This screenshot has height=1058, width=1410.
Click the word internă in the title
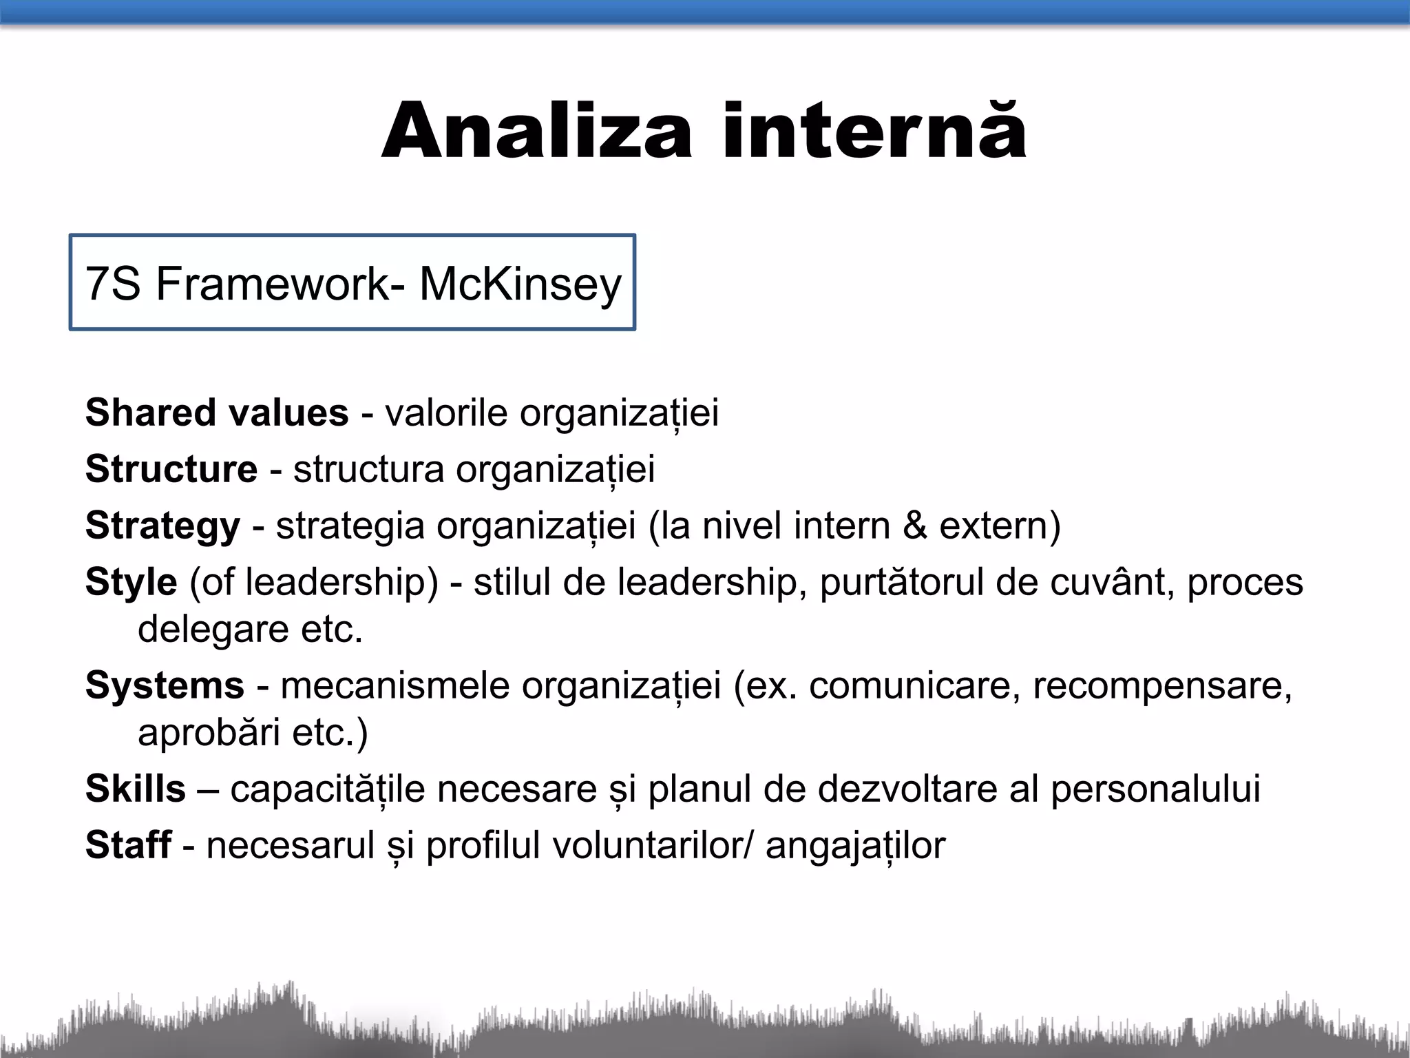click(874, 132)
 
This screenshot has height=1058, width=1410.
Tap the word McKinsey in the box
click(520, 284)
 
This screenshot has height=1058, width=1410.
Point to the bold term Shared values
click(217, 413)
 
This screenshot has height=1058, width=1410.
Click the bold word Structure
click(171, 469)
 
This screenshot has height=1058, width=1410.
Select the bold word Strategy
click(163, 526)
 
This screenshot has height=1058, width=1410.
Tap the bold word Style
click(131, 582)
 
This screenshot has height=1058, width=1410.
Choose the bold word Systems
click(165, 685)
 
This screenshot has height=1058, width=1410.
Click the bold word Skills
click(136, 789)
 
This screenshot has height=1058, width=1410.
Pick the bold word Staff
click(128, 845)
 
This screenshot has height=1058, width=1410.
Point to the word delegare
click(213, 629)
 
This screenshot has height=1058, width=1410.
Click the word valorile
click(446, 413)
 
